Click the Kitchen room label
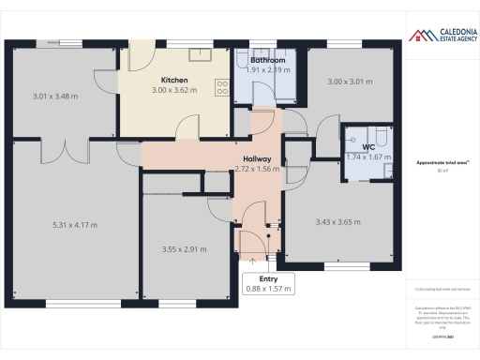click(x=176, y=80)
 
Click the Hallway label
click(x=256, y=158)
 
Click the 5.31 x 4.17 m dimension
click(x=75, y=225)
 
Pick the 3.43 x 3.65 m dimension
click(x=337, y=222)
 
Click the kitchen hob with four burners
click(x=223, y=88)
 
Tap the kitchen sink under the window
click(x=201, y=52)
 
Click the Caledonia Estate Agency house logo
click(x=416, y=36)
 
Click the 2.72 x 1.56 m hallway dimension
click(x=256, y=170)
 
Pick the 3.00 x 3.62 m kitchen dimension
click(x=176, y=91)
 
